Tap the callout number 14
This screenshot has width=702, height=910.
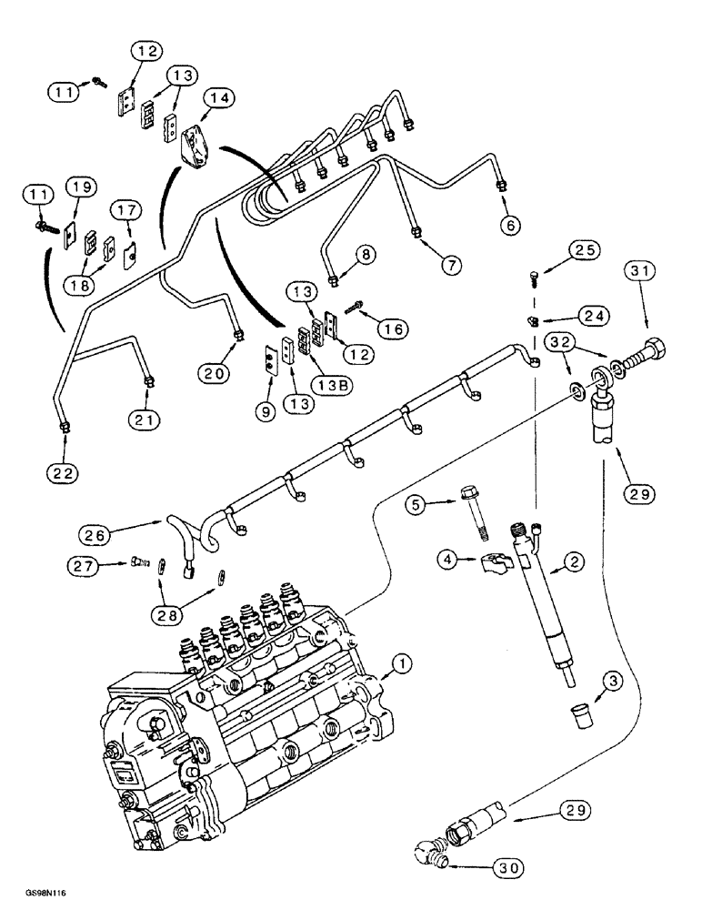coord(217,96)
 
